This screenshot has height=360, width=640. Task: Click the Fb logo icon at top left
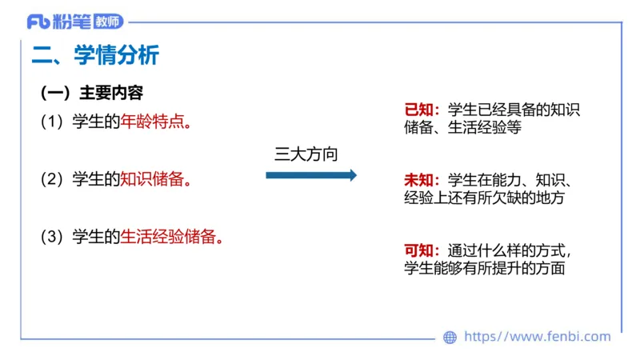(x=38, y=22)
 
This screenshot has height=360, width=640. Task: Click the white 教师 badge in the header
(x=108, y=22)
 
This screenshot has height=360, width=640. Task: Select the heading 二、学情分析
(x=95, y=55)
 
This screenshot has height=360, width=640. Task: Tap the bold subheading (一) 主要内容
(x=91, y=93)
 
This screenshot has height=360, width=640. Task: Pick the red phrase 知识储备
(x=152, y=179)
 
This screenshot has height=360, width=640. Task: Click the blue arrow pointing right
(x=311, y=175)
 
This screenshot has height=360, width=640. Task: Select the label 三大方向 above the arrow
(x=306, y=154)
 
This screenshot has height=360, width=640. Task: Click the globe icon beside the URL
(x=450, y=338)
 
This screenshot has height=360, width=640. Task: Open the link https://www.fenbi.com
(x=537, y=338)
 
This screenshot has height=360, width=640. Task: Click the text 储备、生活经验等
(x=463, y=128)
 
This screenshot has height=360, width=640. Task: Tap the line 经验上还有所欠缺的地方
(x=485, y=198)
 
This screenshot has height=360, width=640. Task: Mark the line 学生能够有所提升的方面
(x=485, y=268)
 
